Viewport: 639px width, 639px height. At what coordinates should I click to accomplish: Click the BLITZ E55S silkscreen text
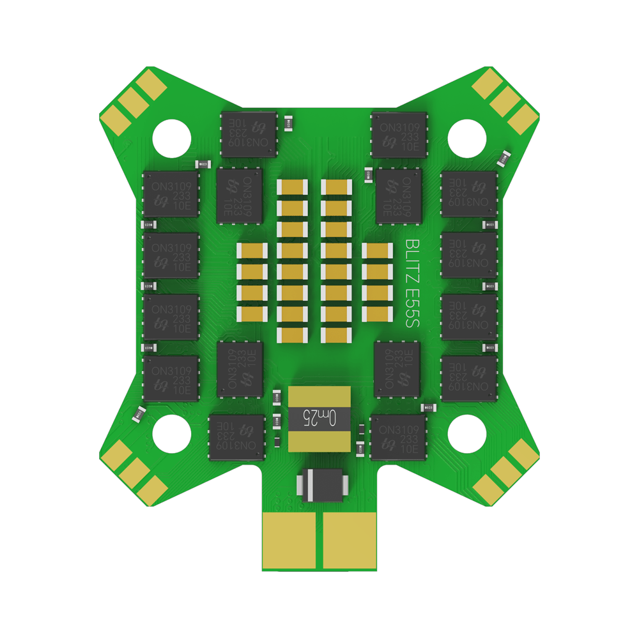pyautogui.click(x=412, y=284)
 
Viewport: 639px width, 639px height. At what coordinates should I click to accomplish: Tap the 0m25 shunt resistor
pyautogui.click(x=319, y=419)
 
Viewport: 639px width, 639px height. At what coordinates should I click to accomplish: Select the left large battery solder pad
pyautogui.click(x=290, y=540)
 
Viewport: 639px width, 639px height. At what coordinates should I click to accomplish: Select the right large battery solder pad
pyautogui.click(x=350, y=540)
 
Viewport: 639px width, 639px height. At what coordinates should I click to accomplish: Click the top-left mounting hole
pyautogui.click(x=172, y=136)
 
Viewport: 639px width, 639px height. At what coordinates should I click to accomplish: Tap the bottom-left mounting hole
pyautogui.click(x=172, y=433)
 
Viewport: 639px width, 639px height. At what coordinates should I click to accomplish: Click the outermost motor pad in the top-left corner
pyautogui.click(x=116, y=117)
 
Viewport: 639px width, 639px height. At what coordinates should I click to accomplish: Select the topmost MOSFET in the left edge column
pyautogui.click(x=169, y=194)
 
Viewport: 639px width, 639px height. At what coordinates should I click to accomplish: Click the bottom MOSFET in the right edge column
pyautogui.click(x=469, y=378)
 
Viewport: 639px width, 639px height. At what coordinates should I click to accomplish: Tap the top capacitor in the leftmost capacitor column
pyautogui.click(x=252, y=252)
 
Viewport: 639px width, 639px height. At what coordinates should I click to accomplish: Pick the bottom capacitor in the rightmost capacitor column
pyautogui.click(x=377, y=314)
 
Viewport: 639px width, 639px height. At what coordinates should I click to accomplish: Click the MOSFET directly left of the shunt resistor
pyautogui.click(x=236, y=438)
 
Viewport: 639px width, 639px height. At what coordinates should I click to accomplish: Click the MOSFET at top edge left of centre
pyautogui.click(x=249, y=134)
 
